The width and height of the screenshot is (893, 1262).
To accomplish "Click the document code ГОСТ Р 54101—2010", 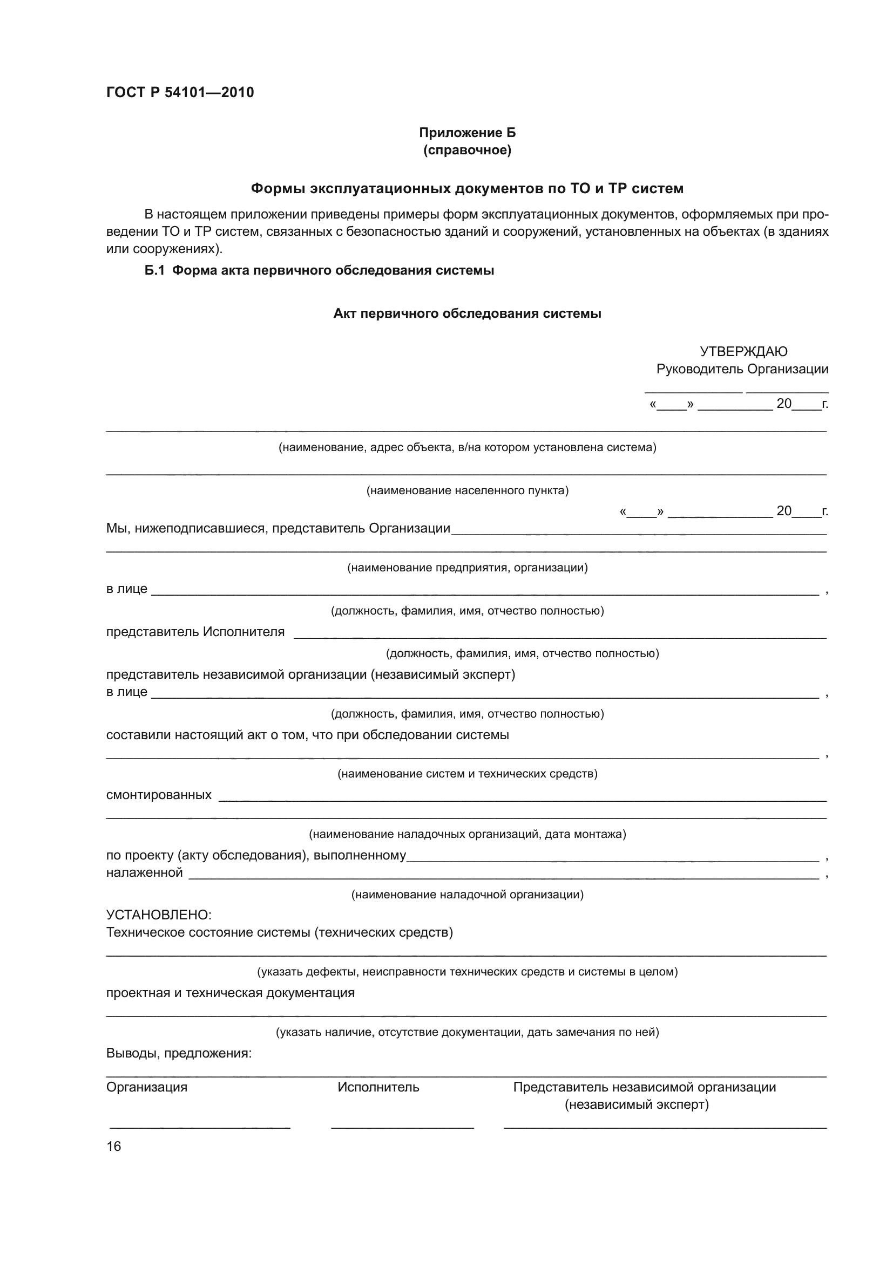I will click(x=180, y=92).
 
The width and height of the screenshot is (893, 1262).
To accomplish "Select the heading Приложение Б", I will click(x=468, y=133).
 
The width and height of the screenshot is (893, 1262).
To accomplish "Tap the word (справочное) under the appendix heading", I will click(x=468, y=150).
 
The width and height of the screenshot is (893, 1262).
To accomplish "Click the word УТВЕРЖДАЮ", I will click(x=743, y=351).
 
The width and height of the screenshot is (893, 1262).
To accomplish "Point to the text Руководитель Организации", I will click(x=742, y=369).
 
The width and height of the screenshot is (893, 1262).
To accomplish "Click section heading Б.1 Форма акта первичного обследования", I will click(x=319, y=270).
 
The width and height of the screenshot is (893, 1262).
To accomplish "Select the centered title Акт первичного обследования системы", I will click(x=468, y=313).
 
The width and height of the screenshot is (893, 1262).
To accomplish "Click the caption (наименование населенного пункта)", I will click(x=468, y=490).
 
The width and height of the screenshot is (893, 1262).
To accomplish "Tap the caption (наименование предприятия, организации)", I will click(x=468, y=567).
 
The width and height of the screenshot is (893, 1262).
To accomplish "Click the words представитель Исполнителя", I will click(x=195, y=632).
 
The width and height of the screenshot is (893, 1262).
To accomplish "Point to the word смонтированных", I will click(x=158, y=795).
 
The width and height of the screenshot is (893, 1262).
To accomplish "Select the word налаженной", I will click(x=144, y=872).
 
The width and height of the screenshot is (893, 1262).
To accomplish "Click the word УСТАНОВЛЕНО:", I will click(x=158, y=915).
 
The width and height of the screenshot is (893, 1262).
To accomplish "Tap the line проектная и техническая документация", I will click(x=230, y=993).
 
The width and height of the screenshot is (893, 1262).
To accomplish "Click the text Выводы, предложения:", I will click(x=179, y=1053).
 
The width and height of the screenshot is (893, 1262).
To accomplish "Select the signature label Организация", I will click(x=146, y=1087).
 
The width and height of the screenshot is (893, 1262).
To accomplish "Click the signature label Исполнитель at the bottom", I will click(x=378, y=1087).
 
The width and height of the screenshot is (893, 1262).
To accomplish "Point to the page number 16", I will click(x=114, y=1146).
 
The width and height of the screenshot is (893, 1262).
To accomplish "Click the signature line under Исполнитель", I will click(x=402, y=1127).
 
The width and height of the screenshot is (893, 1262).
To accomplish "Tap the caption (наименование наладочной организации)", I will click(x=468, y=894).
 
